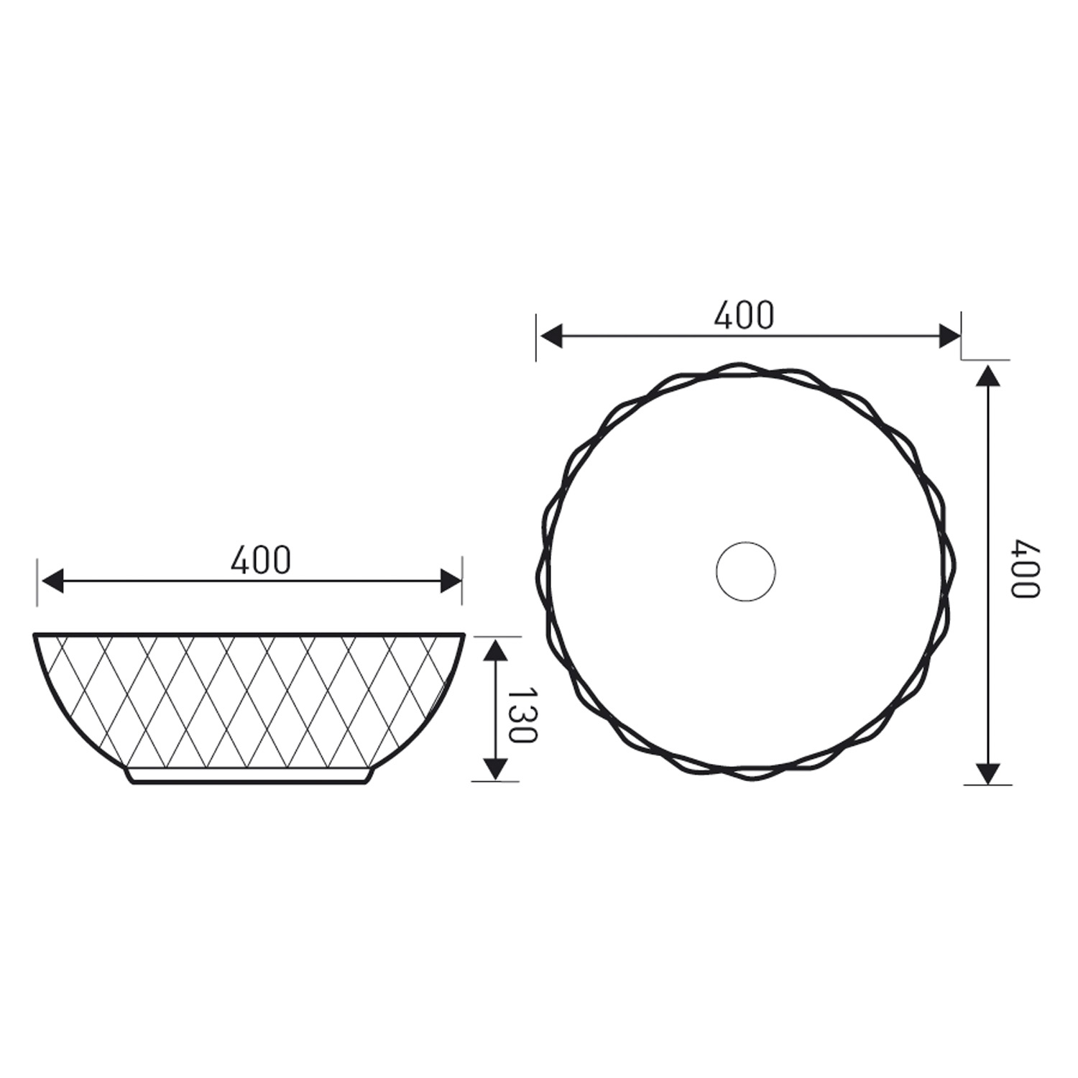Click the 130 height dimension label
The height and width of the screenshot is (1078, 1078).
[522, 715]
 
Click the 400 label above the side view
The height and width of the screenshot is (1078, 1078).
[261, 560]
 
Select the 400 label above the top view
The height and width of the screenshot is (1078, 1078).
[744, 315]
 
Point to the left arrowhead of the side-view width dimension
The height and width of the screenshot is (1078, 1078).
[52, 581]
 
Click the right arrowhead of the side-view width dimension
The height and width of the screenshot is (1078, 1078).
[451, 581]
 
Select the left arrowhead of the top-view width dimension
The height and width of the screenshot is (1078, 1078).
[550, 336]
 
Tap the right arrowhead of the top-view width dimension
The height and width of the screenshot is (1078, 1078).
[949, 336]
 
